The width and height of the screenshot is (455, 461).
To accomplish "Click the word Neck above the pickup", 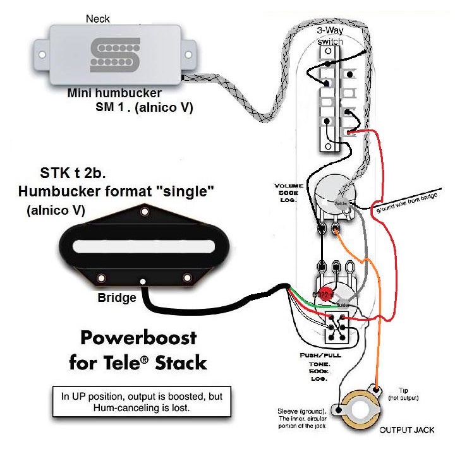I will [98, 20].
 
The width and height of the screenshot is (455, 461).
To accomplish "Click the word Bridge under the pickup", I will [117, 297].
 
